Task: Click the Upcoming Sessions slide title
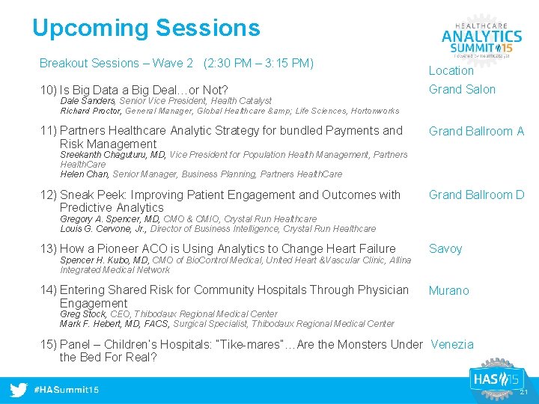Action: [146, 28]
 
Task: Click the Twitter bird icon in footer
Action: [19, 390]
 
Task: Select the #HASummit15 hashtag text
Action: [67, 391]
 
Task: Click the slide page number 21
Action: [524, 393]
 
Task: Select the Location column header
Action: [451, 71]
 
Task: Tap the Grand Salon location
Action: [462, 90]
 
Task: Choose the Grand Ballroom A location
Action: [476, 132]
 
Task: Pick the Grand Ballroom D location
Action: [476, 195]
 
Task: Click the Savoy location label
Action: [445, 249]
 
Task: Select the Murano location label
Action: [448, 290]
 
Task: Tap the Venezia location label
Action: [452, 345]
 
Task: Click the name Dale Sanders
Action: [87, 101]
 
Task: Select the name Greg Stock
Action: [82, 314]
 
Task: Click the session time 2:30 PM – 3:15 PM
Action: [258, 64]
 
